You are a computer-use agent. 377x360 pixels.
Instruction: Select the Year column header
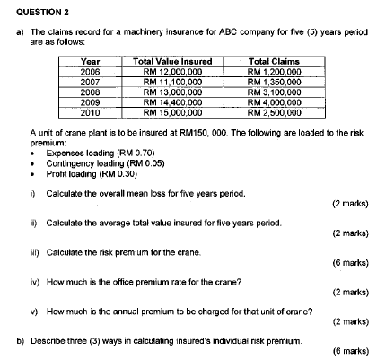coord(90,60)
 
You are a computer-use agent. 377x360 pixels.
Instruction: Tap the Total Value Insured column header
coord(171,60)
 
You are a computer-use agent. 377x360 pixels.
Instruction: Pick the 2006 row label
coord(90,70)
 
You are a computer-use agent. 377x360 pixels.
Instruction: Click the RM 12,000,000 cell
coord(171,70)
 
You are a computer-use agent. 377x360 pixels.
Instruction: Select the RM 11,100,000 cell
coord(171,81)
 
